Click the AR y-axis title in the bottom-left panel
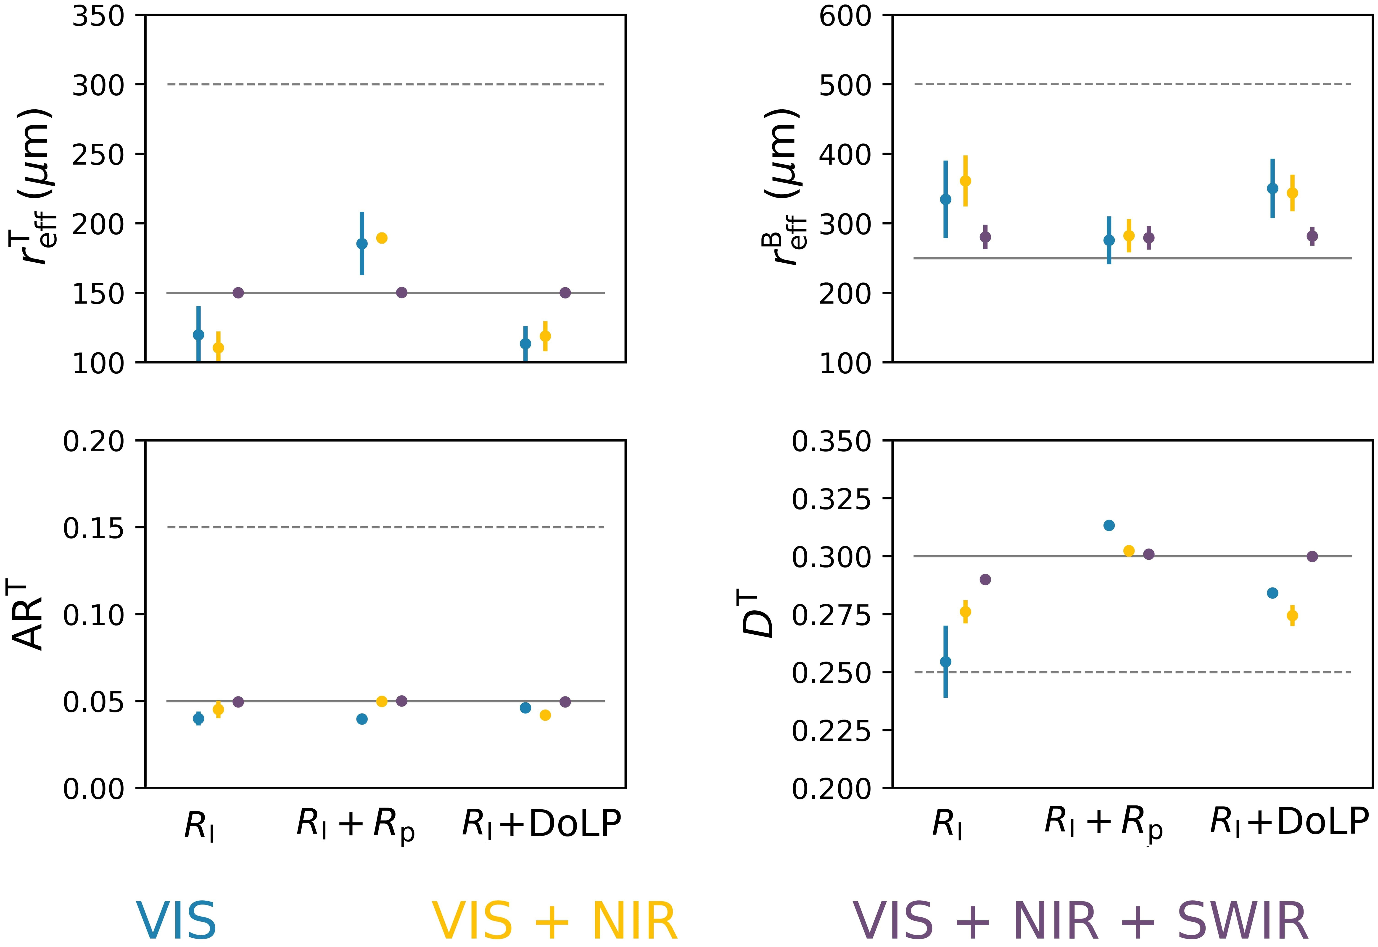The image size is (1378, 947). [x=29, y=617]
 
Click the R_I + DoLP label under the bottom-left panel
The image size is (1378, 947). [x=541, y=825]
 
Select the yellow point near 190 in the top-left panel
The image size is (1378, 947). [x=382, y=238]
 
